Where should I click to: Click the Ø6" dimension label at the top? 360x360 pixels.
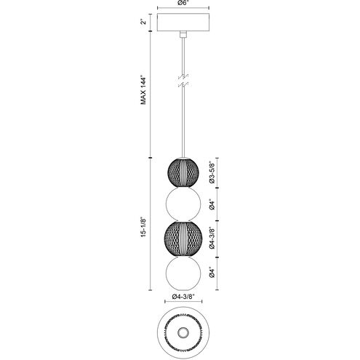click(180, 5)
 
